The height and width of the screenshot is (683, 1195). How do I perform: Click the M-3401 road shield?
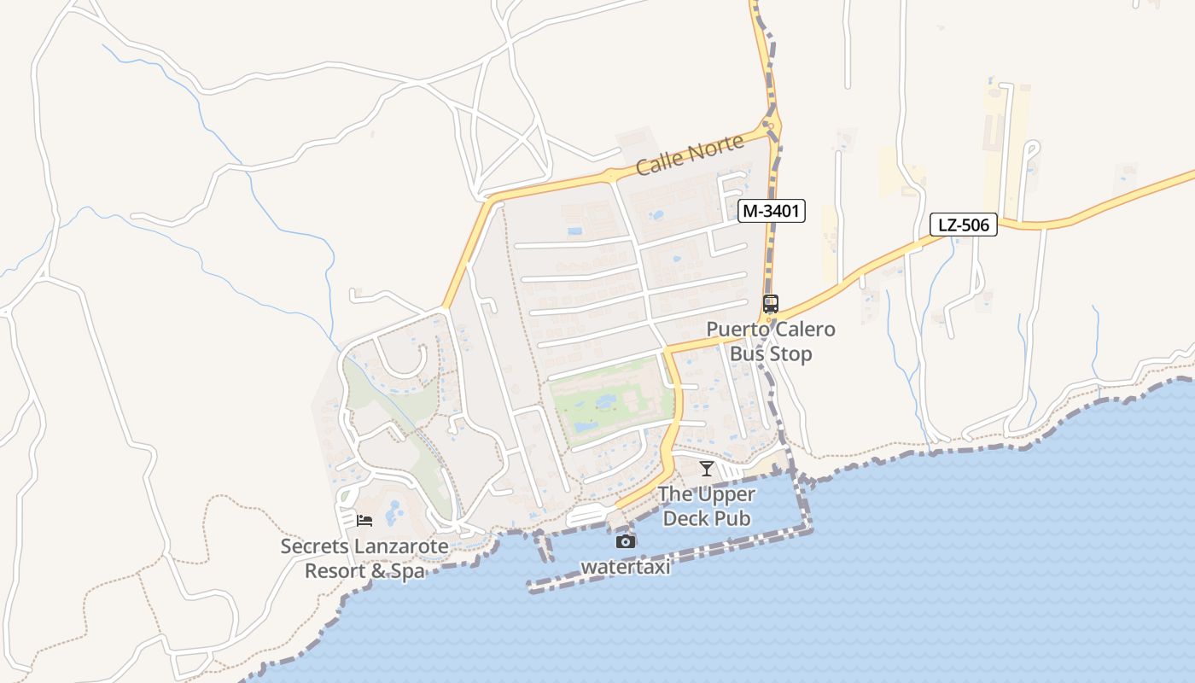pyautogui.click(x=772, y=211)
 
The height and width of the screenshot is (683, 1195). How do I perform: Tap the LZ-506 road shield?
pyautogui.click(x=964, y=225)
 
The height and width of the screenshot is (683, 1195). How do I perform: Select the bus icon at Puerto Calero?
pyautogui.click(x=771, y=303)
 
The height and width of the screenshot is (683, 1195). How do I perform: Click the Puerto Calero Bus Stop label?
pyautogui.click(x=771, y=341)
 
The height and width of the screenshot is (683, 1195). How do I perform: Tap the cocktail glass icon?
pyautogui.click(x=706, y=468)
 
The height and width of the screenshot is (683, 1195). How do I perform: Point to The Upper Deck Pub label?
pyautogui.click(x=707, y=506)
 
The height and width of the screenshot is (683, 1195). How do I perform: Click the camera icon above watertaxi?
pyautogui.click(x=626, y=541)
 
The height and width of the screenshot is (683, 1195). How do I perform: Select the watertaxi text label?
pyautogui.click(x=626, y=567)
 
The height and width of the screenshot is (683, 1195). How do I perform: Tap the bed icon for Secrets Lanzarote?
pyautogui.click(x=364, y=520)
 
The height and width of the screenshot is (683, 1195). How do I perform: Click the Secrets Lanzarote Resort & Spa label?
pyautogui.click(x=364, y=558)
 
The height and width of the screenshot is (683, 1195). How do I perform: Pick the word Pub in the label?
pyautogui.click(x=734, y=518)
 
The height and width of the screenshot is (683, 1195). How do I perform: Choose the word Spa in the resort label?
pyautogui.click(x=406, y=570)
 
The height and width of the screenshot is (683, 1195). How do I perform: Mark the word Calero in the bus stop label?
pyautogui.click(x=804, y=330)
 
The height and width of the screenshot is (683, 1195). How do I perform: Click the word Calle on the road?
pyautogui.click(x=658, y=162)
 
